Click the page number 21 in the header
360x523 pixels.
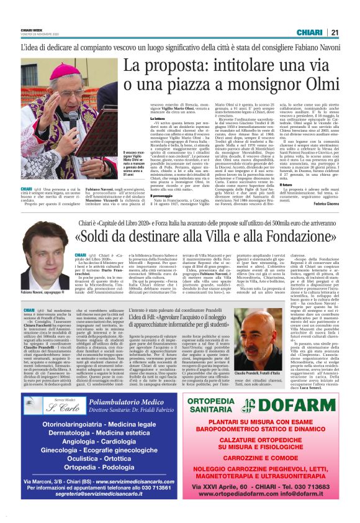(x=334, y=33)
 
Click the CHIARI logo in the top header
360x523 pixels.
(x=308, y=33)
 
